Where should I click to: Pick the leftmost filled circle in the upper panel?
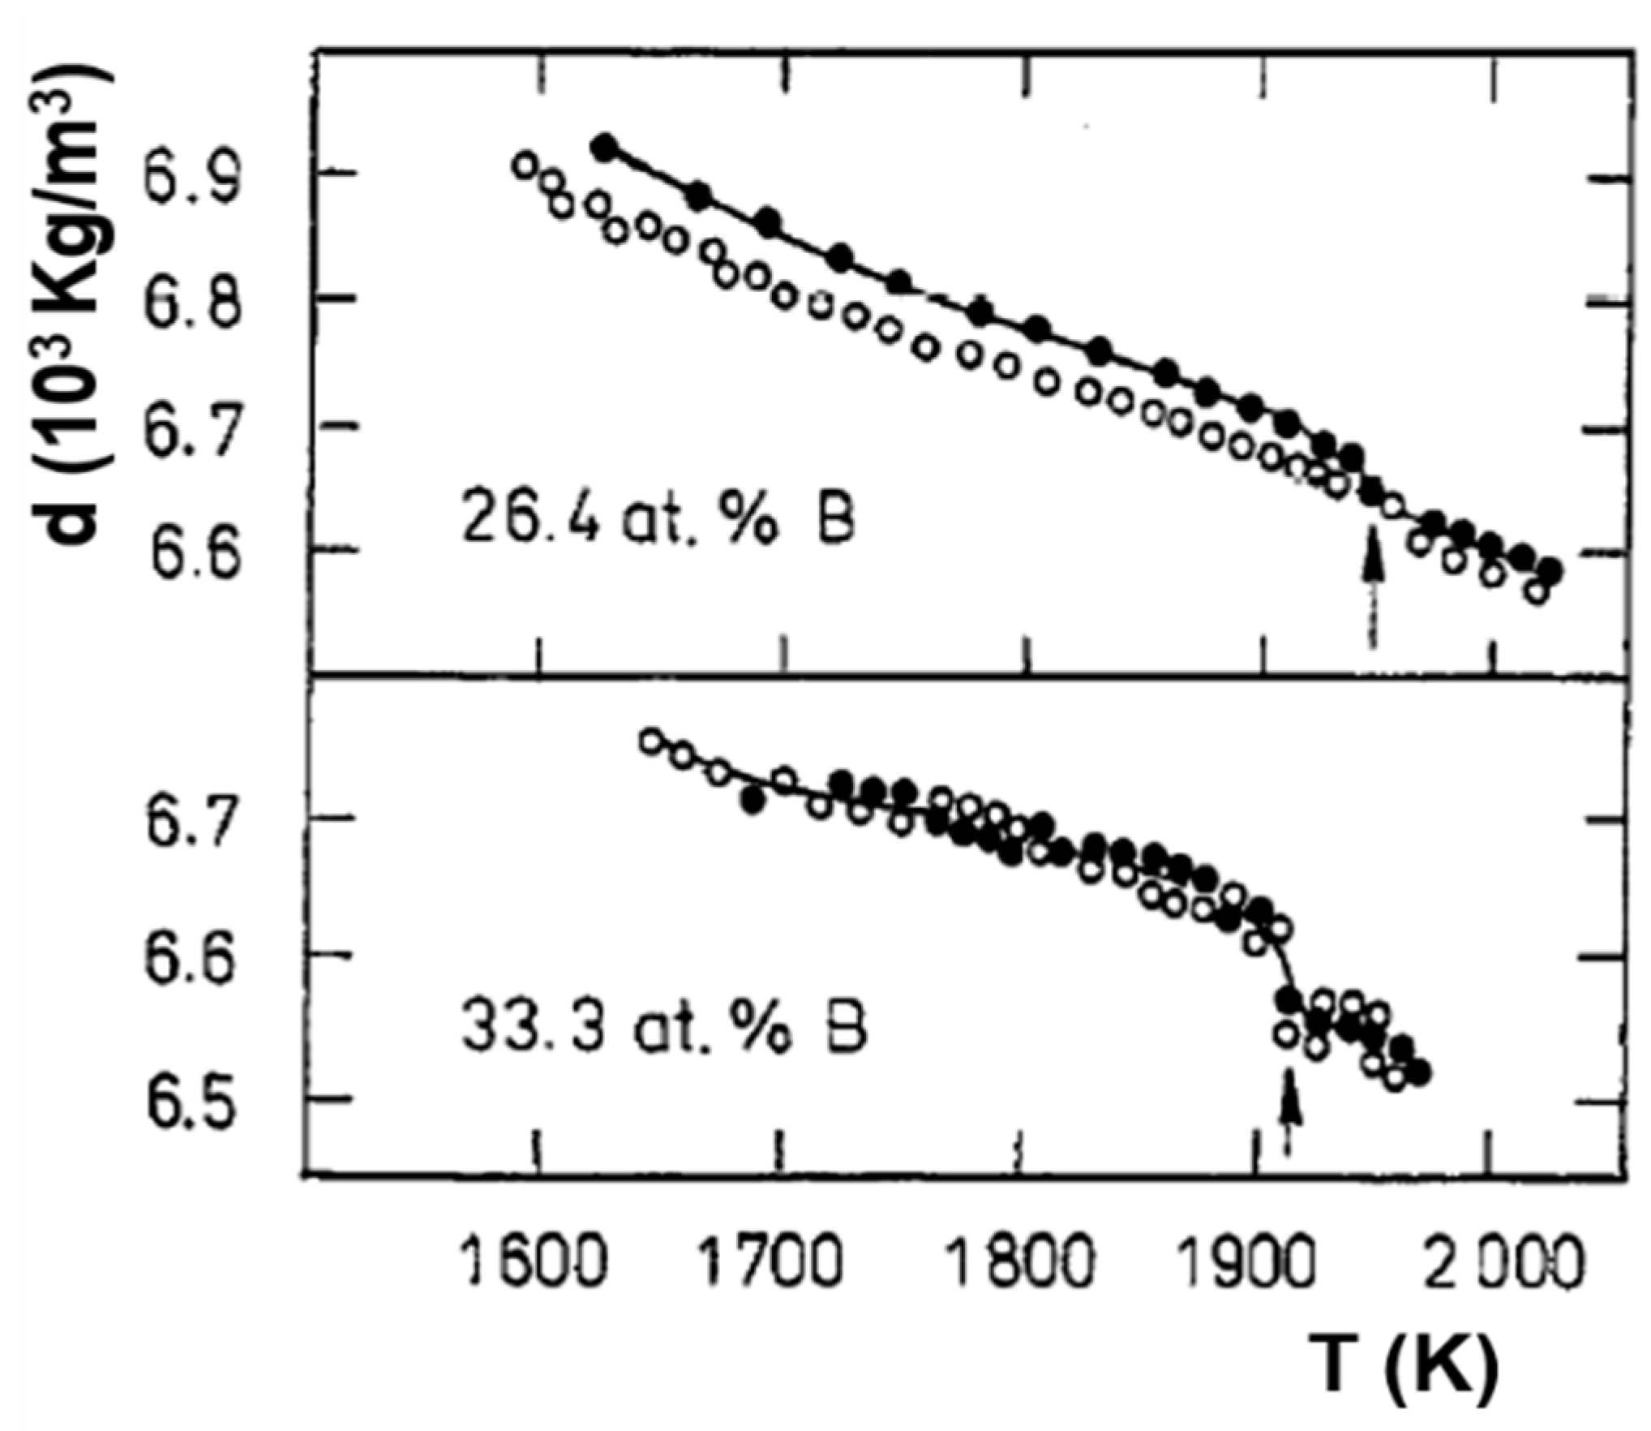pyautogui.click(x=604, y=147)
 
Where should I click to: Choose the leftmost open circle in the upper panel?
pyautogui.click(x=525, y=165)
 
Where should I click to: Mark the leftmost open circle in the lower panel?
pyautogui.click(x=651, y=741)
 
